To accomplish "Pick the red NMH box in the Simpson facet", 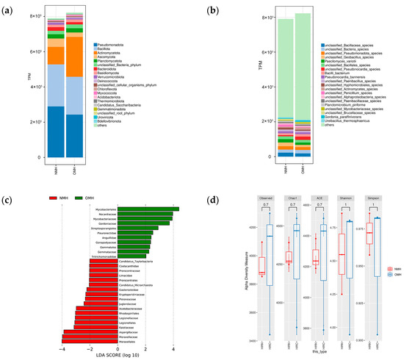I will click(369, 243).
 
